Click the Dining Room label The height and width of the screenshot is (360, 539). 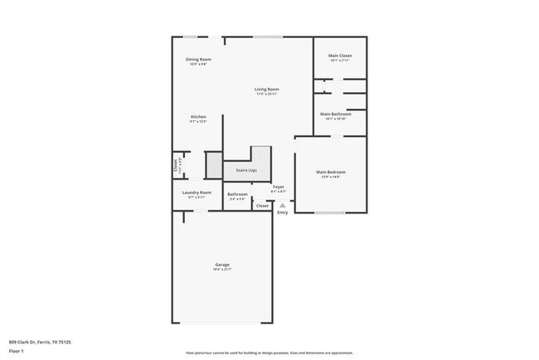click(x=198, y=60)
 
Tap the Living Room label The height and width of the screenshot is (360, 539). click(x=266, y=90)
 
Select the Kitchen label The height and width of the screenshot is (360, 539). click(x=198, y=117)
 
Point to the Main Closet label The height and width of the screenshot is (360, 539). click(x=341, y=56)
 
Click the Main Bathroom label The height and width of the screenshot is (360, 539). click(x=340, y=114)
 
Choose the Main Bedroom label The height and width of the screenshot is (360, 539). click(x=331, y=173)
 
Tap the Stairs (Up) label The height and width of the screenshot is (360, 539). click(x=245, y=170)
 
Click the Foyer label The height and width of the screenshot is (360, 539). click(x=279, y=187)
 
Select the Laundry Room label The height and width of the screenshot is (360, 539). click(x=197, y=192)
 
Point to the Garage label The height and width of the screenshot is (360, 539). click(x=221, y=265)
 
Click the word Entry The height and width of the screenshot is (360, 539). click(x=283, y=212)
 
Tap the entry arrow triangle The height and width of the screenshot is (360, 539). click(x=282, y=205)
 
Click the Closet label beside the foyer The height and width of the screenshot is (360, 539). click(x=262, y=206)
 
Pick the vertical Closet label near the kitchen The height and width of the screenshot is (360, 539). click(x=176, y=165)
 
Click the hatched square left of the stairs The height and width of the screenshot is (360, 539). click(x=214, y=165)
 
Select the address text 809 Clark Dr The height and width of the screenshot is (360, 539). click(x=40, y=342)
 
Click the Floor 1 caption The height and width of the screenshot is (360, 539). click(x=17, y=351)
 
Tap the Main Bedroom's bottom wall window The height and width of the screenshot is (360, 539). click(x=329, y=213)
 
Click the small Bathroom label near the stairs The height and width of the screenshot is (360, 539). click(x=238, y=195)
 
